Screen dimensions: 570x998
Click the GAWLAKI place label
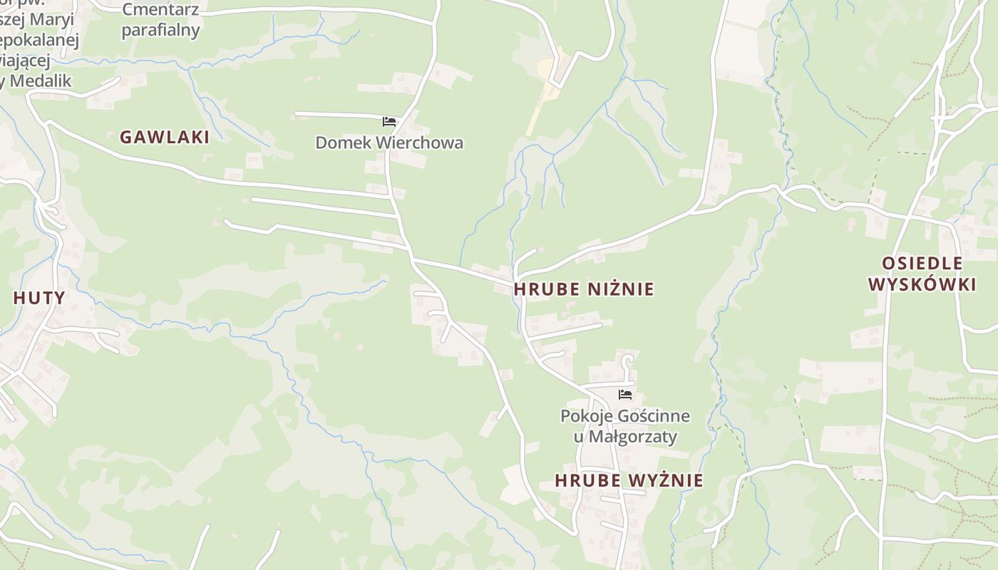165,138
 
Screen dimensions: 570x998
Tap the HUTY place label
39,299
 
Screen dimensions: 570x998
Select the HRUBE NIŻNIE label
583,289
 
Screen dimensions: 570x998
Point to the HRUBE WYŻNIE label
629,481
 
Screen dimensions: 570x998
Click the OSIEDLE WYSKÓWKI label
922,274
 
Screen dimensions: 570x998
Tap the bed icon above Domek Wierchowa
389,122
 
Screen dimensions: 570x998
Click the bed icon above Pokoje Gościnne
625,395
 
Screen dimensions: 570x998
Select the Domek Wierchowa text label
389,142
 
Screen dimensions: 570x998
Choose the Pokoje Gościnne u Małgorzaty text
625,426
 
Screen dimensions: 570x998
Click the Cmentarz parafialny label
160,20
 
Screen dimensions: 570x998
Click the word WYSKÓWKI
922,284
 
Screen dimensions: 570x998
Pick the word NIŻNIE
621,289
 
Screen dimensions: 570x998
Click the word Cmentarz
160,10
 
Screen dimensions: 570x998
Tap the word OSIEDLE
922,263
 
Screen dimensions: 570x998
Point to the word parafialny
160,30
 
